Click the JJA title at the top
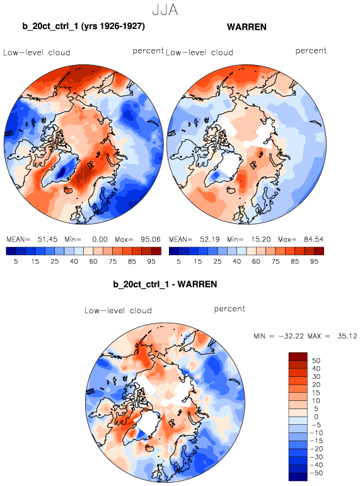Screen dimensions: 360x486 pos(165,10)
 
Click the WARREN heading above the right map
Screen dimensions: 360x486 pos(247,27)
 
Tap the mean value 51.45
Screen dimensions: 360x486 pos(47,240)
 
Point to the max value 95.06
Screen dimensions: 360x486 pos(151,240)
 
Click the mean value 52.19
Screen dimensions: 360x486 pos(210,240)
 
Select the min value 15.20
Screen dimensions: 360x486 pos(261,240)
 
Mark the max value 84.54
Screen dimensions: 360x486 pos(313,240)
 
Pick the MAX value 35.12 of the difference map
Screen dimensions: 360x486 pos(347,336)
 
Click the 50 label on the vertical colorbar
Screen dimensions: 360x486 pos(316,361)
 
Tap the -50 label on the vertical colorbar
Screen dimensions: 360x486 pos(316,473)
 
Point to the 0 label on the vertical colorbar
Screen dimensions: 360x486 pos(316,417)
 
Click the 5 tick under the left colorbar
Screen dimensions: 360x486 pos(16,262)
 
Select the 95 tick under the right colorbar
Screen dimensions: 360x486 pos(314,262)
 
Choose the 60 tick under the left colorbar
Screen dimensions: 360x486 pos(93,262)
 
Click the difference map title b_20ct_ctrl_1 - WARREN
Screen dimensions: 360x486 pos(165,284)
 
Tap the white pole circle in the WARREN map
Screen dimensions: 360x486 pos(247,144)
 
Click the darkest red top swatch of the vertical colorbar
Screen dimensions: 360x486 pos(298,356)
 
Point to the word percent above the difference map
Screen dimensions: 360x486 pos(229,309)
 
